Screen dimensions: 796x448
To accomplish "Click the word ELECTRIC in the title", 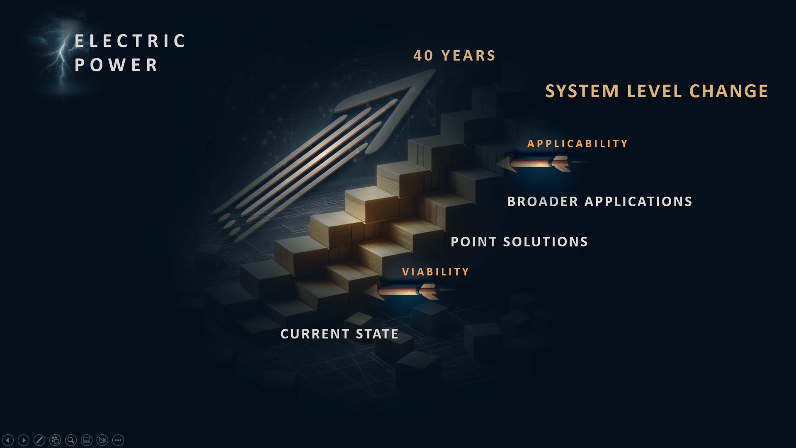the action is (130, 41).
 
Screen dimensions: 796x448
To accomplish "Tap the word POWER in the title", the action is (116, 65).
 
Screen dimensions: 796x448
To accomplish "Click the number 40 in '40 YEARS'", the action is (423, 56).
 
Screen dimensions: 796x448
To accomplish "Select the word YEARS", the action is (468, 56).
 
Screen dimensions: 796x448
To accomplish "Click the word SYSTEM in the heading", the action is (582, 91).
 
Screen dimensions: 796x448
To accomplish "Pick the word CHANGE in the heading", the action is (729, 91).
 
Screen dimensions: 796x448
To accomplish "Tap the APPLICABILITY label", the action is (578, 144).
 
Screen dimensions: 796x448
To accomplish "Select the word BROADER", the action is (543, 202).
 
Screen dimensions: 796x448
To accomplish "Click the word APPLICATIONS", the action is (638, 202).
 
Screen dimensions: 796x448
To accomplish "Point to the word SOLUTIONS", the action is (546, 242).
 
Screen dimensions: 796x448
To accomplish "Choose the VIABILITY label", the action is (436, 272).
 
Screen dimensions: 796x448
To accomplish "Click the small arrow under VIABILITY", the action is (401, 291).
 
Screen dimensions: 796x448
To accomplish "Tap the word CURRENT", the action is (315, 334).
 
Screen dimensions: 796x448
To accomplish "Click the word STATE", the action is (377, 334).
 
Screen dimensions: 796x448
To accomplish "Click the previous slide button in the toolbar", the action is (8, 440).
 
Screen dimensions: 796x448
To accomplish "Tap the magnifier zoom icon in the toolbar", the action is (71, 440).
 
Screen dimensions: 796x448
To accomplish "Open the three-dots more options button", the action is (118, 440).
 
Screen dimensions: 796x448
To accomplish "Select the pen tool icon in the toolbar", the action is (39, 440).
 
